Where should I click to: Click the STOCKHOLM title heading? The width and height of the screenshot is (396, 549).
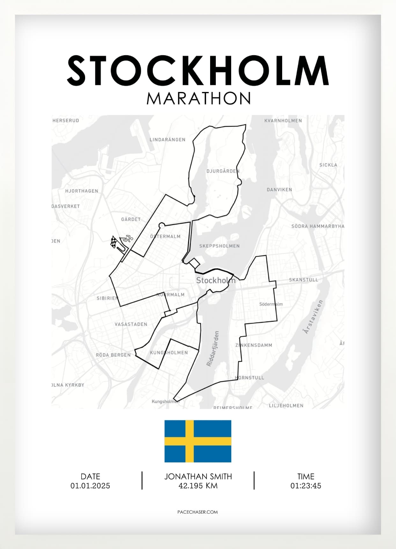coord(198,71)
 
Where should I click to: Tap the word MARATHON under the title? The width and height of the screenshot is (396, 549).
coord(199,98)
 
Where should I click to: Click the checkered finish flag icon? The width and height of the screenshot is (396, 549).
coord(114,242)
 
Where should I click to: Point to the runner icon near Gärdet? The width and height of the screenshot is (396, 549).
coord(127,238)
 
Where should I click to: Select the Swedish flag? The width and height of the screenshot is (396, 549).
coord(198,441)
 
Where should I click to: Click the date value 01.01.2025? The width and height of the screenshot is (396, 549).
coord(90,486)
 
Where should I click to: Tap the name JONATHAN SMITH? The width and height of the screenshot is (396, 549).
coord(198,477)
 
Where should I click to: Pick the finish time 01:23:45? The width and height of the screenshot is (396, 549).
coord(305,486)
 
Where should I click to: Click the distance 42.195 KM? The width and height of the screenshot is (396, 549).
coord(198,486)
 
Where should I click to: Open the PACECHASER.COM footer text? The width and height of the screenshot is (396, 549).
coord(198,512)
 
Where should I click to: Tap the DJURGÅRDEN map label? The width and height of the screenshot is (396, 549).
coord(223,171)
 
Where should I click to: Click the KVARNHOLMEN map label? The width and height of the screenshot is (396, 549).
coord(283,121)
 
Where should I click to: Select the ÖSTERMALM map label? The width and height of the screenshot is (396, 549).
coord(165,237)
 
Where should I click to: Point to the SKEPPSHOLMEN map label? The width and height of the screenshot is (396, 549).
coord(219,246)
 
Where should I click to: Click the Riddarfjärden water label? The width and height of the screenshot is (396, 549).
coord(213,348)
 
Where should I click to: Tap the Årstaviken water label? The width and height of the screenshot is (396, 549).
coord(313,317)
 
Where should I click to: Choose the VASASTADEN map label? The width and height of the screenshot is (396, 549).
coord(131,324)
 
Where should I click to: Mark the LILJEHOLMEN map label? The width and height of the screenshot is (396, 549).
coord(286,406)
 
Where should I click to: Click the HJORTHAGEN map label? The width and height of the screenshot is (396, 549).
coord(82,191)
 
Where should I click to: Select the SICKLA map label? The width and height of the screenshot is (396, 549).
coord(328,165)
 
